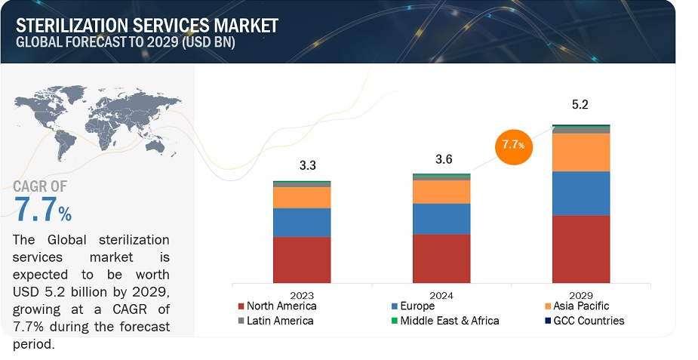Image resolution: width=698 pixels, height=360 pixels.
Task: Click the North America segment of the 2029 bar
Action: tap(581, 249)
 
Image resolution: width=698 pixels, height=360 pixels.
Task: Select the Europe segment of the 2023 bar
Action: tap(302, 223)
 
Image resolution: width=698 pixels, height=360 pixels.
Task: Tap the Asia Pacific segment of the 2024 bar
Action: tap(441, 192)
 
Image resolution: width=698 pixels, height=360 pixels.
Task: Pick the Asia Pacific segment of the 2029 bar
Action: tap(581, 152)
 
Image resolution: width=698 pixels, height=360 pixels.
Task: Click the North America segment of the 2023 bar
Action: tap(302, 260)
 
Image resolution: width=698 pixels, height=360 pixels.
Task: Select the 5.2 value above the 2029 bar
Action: tap(581, 106)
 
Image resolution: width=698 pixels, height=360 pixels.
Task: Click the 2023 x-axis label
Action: tap(302, 295)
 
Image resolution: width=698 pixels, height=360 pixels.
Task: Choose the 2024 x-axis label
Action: tap(441, 295)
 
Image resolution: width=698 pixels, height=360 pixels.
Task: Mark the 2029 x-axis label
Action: tap(581, 295)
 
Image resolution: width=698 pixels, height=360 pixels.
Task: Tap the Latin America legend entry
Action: tap(276, 321)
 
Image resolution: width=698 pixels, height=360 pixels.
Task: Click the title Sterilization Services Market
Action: tap(146, 24)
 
